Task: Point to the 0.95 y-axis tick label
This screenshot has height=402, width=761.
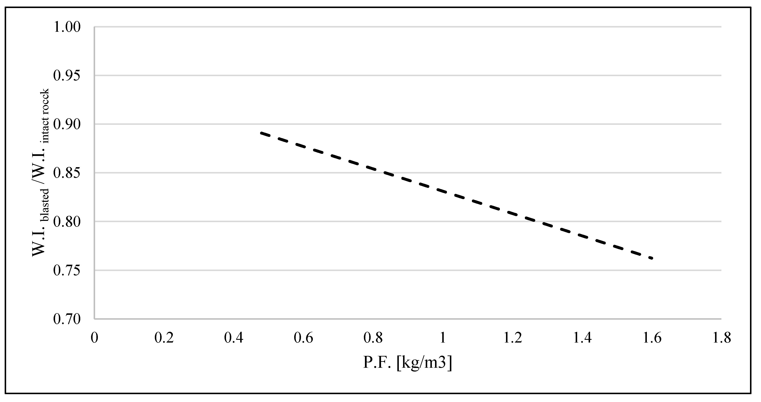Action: pos(67,76)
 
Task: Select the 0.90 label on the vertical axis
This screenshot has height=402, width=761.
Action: pos(67,125)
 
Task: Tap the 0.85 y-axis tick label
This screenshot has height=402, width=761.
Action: pos(67,173)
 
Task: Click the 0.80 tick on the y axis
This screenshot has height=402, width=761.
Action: pos(67,222)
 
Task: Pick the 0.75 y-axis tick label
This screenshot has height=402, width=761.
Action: pos(67,271)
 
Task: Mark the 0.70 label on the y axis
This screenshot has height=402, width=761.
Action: pos(67,319)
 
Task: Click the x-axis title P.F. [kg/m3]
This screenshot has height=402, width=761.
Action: pos(407,363)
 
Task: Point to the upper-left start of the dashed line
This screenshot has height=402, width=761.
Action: pos(261,133)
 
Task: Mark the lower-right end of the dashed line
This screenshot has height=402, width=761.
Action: pos(652,258)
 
